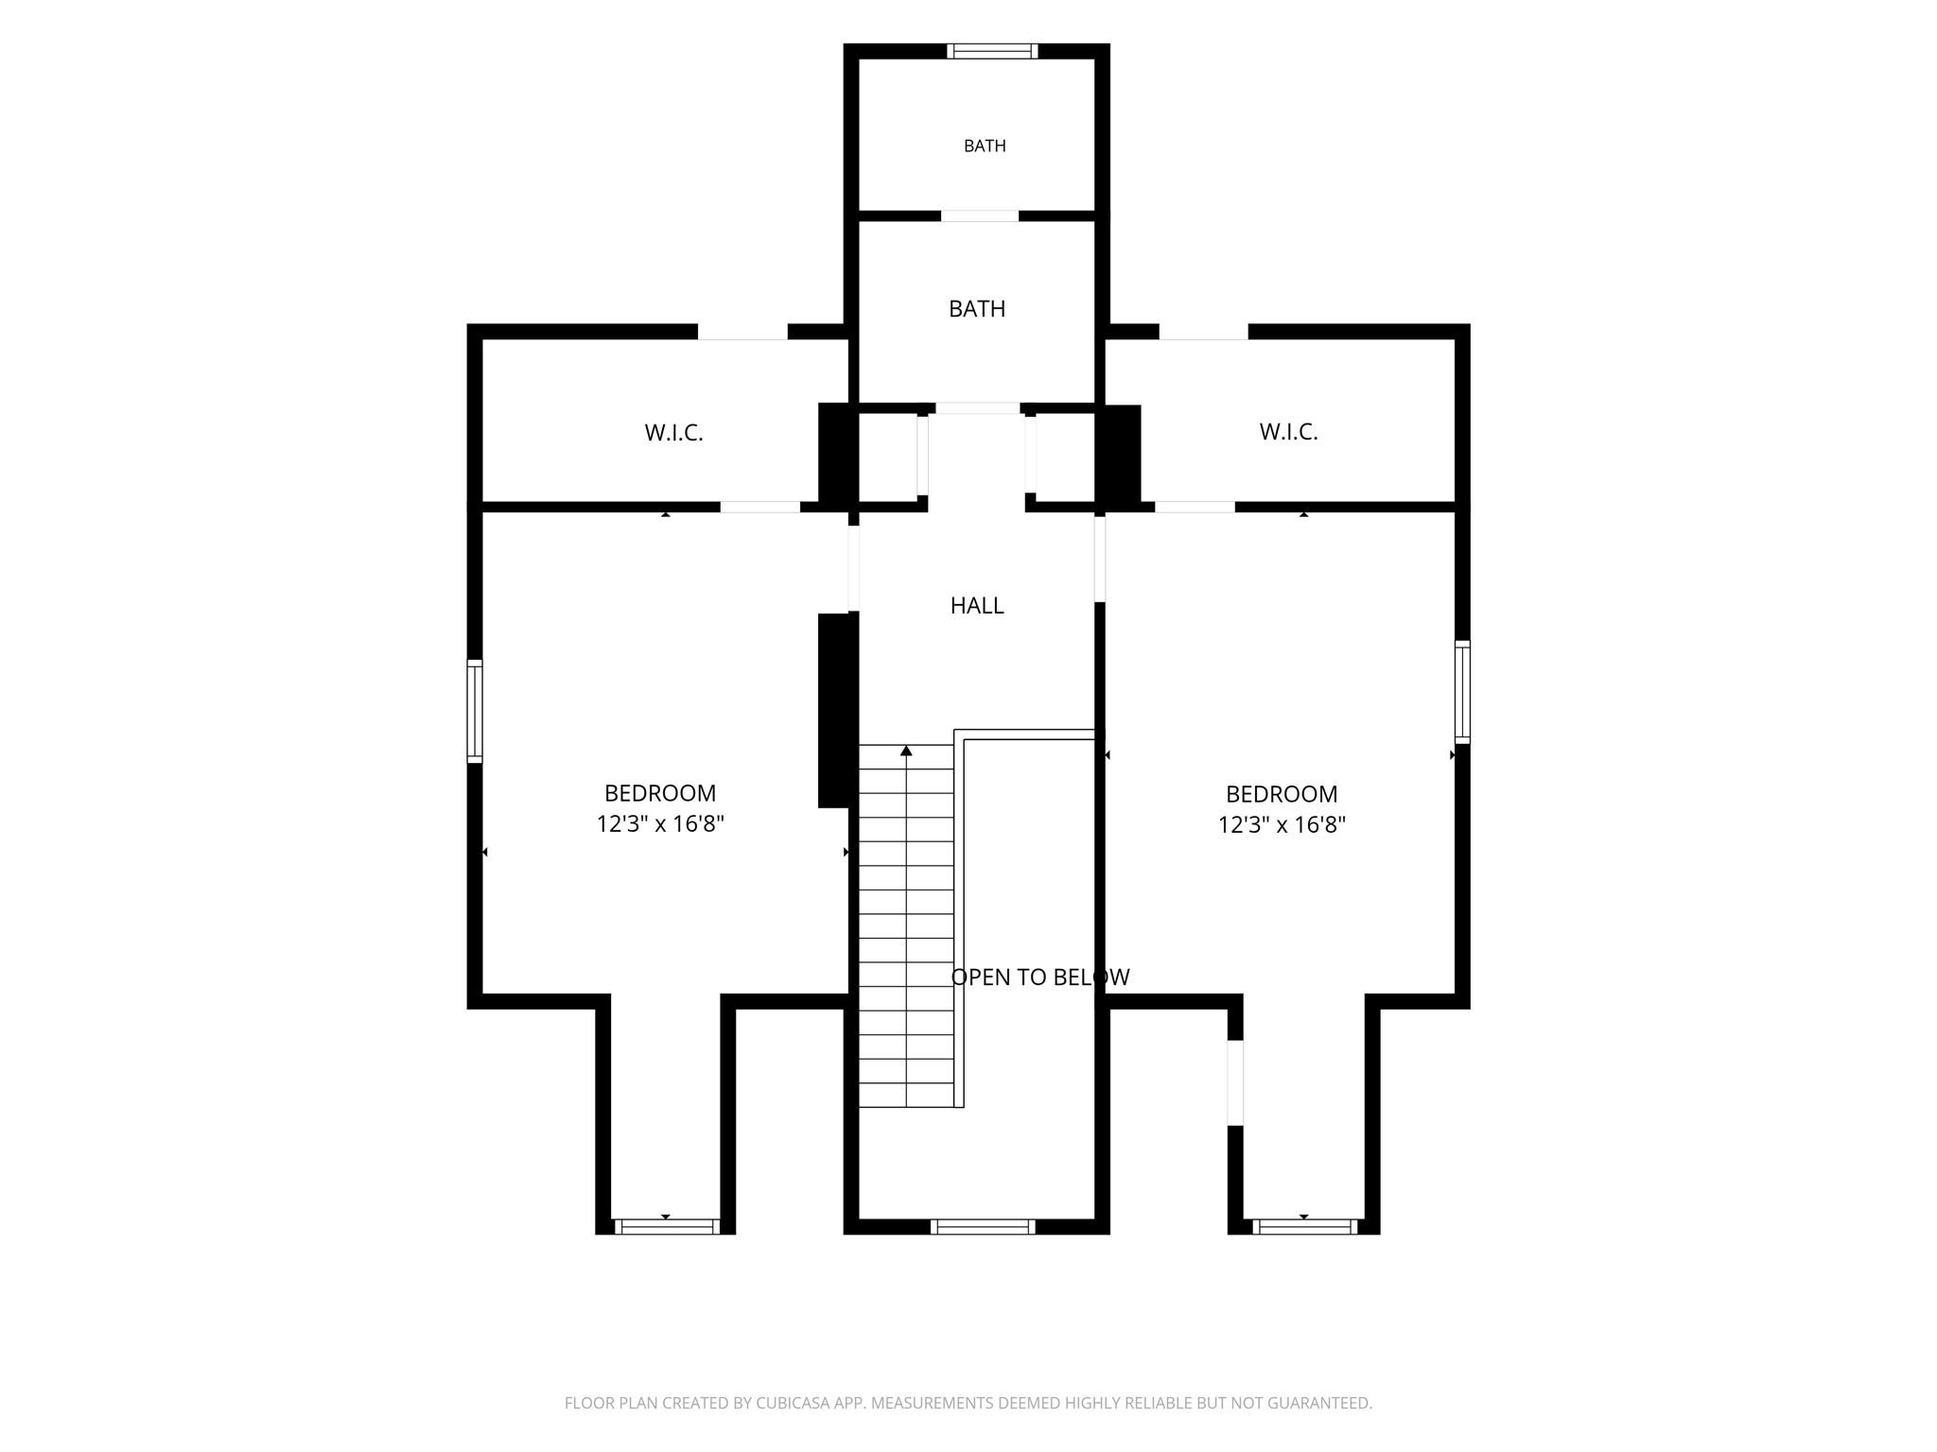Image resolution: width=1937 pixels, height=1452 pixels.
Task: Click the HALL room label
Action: [x=977, y=606]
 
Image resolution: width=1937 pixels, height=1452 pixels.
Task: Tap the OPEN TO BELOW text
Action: [x=1040, y=977]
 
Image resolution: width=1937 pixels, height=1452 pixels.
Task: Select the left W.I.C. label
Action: [x=674, y=433]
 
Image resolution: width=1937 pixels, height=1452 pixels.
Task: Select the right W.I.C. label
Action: [x=1289, y=432]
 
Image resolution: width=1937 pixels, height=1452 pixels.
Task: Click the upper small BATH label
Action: [x=985, y=147]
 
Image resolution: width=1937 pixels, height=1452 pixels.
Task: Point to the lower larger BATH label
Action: [x=977, y=309]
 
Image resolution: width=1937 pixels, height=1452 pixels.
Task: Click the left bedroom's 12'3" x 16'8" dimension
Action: [x=660, y=824]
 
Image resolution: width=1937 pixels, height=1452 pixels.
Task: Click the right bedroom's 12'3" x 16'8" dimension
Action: [x=1282, y=825]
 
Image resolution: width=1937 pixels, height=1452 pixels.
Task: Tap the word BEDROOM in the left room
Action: [x=660, y=794]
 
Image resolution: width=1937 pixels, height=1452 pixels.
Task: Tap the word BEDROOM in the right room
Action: [x=1282, y=795]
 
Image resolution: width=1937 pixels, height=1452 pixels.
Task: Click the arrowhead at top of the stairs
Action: [x=906, y=751]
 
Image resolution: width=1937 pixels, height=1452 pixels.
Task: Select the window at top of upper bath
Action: [x=992, y=51]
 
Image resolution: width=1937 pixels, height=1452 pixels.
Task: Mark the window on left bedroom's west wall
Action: [x=475, y=711]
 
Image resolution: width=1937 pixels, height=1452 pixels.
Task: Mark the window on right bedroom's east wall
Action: [x=1462, y=692]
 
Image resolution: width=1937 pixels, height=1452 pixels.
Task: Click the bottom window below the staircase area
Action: [x=983, y=1227]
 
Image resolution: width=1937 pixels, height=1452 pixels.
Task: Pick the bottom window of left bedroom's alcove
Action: [x=667, y=1227]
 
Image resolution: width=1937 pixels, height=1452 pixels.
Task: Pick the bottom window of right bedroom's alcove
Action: [x=1305, y=1227]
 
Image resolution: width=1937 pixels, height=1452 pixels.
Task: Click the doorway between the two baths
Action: [x=980, y=216]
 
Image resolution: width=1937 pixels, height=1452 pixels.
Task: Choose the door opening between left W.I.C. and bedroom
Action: [x=760, y=508]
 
